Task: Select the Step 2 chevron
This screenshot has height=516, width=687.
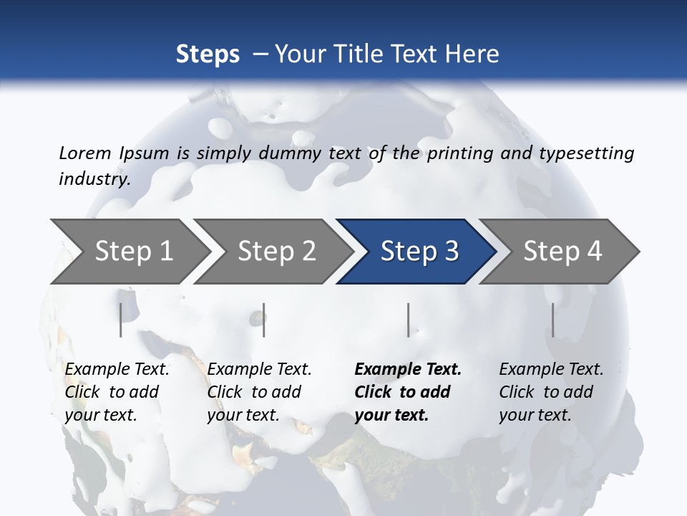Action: tap(272, 251)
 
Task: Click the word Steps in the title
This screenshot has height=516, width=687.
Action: tap(208, 54)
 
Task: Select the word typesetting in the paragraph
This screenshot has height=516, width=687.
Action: tap(586, 153)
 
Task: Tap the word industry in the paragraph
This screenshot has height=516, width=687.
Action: tap(94, 178)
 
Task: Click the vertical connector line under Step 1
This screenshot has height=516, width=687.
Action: tap(120, 320)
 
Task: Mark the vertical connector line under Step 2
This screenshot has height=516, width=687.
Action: tap(264, 320)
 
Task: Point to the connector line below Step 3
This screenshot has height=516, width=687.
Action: tap(408, 320)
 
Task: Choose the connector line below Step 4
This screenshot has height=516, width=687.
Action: tap(552, 320)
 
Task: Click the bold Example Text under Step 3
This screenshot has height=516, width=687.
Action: tap(408, 369)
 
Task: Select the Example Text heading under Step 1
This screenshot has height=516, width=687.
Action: tap(117, 369)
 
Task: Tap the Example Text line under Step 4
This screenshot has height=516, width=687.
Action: tap(551, 369)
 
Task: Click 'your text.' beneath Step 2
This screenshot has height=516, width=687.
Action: tap(243, 415)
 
